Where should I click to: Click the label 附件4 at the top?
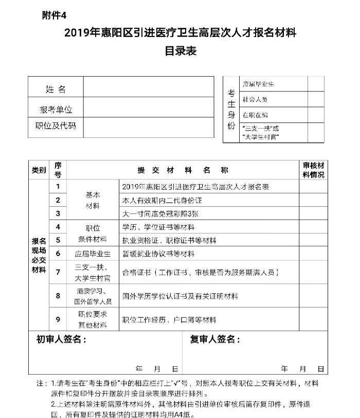55,15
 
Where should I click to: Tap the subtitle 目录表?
180,51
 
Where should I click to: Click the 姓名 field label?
56,89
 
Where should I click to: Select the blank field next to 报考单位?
148,109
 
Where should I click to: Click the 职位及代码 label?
56,125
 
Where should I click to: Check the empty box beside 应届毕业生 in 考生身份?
316,83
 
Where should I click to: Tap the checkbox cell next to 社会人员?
316,99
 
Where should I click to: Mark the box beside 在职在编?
316,115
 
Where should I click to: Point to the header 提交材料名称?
183,170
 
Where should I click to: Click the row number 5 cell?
58,240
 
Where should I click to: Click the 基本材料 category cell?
93,200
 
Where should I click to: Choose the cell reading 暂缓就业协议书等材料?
158,253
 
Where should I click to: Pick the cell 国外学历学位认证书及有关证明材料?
180,296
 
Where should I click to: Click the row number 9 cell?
58,320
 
